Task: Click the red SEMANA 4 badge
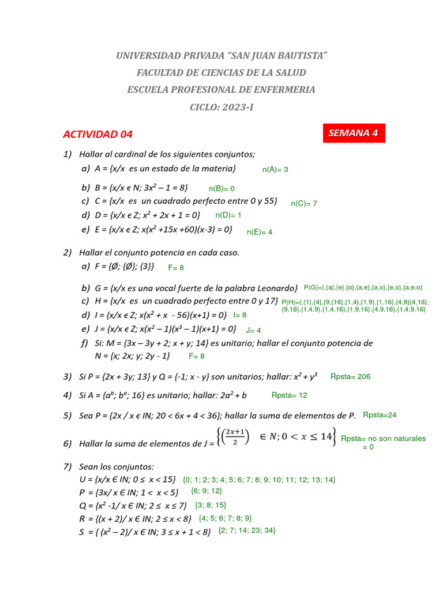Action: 353,133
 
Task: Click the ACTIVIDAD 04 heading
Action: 97,134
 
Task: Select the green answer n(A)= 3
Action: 275,170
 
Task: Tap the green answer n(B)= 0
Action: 221,188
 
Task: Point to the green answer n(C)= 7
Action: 304,203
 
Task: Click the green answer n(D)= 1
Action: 228,215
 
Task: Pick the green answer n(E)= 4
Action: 260,232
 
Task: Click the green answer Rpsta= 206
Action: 350,376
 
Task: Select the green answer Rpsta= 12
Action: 289,395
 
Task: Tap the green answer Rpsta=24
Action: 380,414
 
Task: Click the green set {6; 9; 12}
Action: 206,491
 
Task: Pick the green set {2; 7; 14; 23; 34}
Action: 247,530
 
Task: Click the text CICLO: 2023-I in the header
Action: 221,107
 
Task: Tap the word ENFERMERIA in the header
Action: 283,89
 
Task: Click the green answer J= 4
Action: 254,330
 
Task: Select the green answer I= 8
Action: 239,315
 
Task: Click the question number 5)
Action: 67,416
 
